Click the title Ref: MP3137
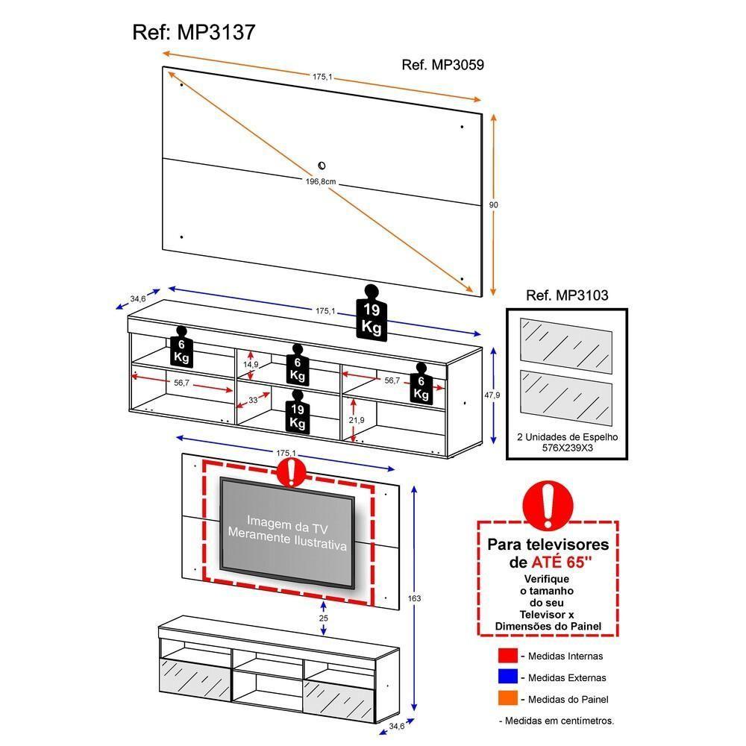(x=194, y=32)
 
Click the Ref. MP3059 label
(x=442, y=65)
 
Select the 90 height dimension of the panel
(x=493, y=204)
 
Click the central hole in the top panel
(x=322, y=166)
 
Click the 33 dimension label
(x=253, y=401)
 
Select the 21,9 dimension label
(x=356, y=421)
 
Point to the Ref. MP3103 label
(x=567, y=295)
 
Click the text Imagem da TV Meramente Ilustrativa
(x=287, y=532)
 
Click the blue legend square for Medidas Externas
(x=508, y=678)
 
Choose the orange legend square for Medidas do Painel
(x=508, y=700)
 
